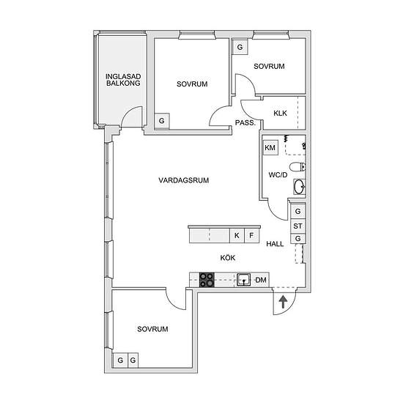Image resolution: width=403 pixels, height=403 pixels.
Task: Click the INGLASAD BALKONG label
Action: pos(123,80)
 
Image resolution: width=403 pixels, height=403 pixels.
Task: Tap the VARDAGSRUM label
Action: pos(183,180)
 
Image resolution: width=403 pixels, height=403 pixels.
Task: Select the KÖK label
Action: pos(228,257)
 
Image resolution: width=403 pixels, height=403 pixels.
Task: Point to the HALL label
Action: pos(275,244)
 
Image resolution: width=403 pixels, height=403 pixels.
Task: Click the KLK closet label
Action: pos(280,113)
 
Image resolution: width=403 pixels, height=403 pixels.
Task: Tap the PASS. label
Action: pos(245,123)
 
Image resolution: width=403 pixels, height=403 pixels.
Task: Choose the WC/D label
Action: pos(278,175)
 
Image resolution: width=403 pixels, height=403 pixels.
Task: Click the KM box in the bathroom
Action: pos(270,147)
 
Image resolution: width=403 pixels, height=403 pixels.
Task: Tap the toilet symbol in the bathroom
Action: pos(297,167)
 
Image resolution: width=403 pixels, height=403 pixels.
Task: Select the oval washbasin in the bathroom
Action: pos(300,187)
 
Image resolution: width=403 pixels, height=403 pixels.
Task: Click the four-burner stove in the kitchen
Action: pos(207,280)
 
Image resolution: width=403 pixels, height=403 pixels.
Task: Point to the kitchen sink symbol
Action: pos(244,280)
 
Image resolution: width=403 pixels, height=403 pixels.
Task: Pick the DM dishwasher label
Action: pos(261,280)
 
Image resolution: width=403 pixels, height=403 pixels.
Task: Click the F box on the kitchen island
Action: pos(251,235)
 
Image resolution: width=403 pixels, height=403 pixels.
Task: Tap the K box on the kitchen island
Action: pos(237,235)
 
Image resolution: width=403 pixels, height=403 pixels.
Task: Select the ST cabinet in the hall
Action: pos(298,226)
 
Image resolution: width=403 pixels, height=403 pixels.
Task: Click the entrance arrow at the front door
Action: pos(283,302)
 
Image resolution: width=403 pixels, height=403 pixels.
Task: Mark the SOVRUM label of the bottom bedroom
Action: pos(152,329)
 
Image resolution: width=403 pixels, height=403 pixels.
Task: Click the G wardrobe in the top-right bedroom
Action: pos(240,47)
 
